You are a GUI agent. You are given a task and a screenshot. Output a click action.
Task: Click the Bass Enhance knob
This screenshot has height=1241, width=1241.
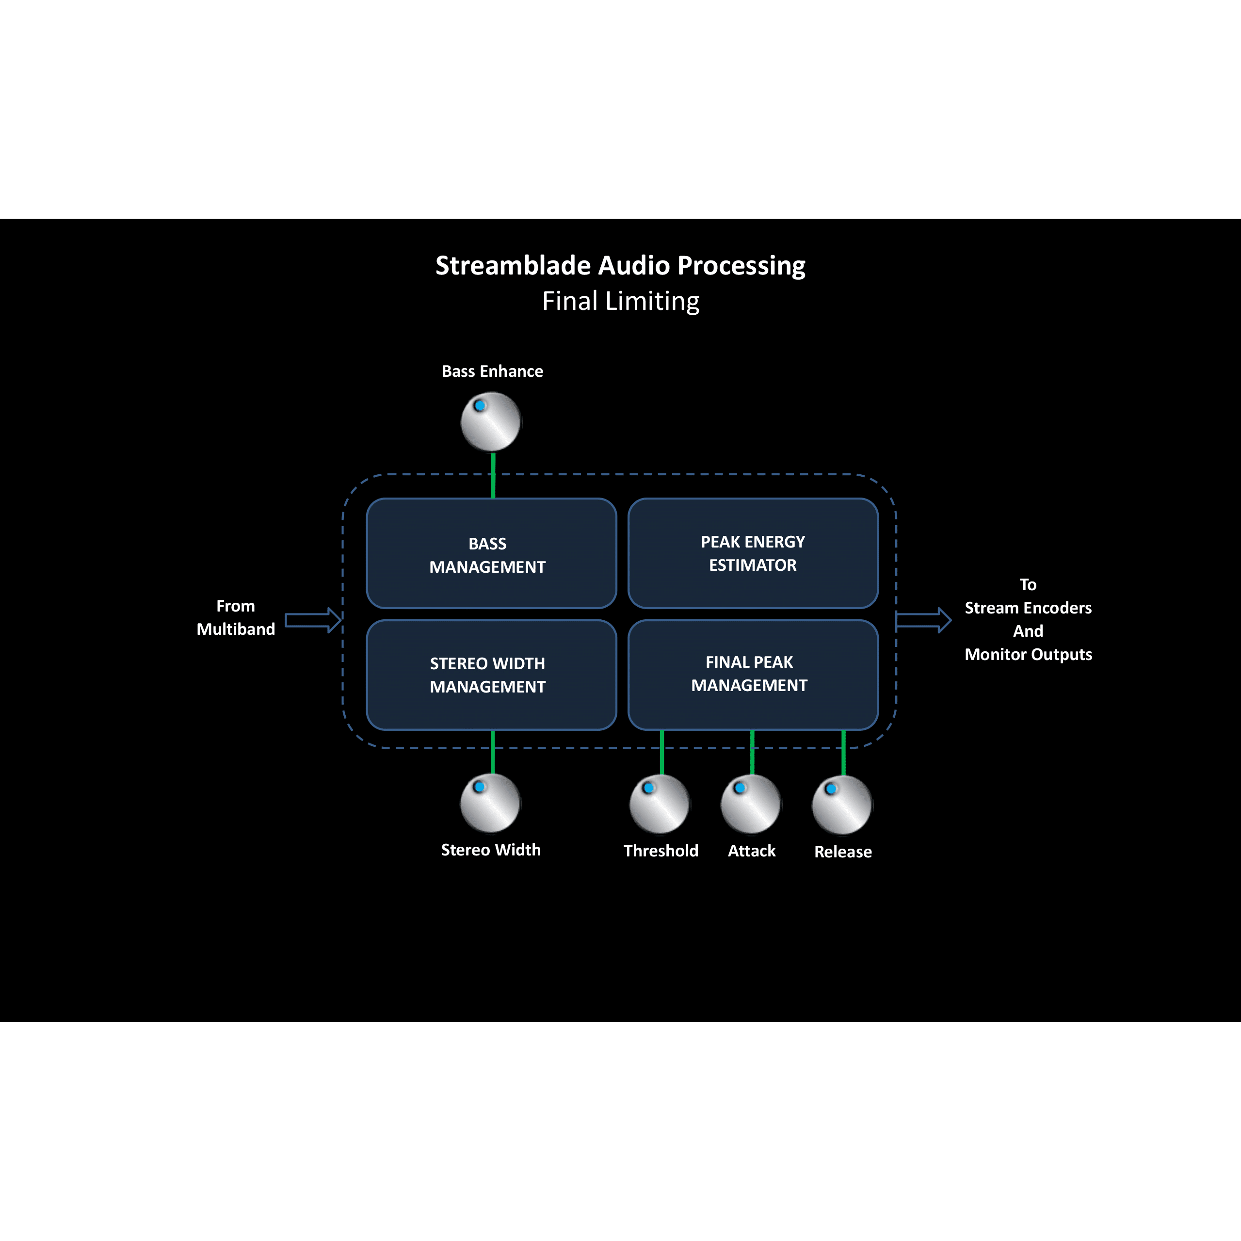click(491, 422)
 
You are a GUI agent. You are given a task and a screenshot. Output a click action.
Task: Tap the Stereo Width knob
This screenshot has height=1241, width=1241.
click(490, 803)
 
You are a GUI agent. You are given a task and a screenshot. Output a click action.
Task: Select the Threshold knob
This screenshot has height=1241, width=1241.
click(660, 804)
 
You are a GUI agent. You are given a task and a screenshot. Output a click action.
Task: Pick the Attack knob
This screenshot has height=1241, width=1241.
click(751, 804)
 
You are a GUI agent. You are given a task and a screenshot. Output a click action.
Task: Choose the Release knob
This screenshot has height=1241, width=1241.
click(842, 805)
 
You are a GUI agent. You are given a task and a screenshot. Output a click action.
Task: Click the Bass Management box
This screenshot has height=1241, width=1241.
click(491, 554)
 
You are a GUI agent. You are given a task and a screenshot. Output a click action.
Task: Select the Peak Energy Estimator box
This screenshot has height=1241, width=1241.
click(753, 554)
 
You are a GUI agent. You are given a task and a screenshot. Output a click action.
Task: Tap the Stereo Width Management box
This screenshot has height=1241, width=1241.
click(491, 675)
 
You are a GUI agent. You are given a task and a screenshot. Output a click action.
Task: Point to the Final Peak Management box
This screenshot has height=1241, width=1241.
click(753, 675)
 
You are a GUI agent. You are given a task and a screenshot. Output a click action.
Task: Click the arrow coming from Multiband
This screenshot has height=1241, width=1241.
click(313, 620)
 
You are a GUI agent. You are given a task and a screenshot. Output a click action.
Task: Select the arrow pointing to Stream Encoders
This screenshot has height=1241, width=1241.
click(923, 620)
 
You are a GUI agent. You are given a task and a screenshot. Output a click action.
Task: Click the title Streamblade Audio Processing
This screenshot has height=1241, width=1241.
click(621, 265)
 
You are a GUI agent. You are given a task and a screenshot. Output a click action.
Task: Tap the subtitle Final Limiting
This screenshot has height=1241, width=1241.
click(621, 301)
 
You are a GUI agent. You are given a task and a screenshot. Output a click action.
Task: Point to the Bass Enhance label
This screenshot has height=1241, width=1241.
click(493, 371)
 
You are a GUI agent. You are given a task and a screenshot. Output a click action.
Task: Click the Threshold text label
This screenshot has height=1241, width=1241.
click(661, 851)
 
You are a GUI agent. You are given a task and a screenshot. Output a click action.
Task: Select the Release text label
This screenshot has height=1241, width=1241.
click(843, 852)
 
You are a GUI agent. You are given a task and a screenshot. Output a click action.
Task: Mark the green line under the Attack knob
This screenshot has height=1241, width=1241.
click(752, 752)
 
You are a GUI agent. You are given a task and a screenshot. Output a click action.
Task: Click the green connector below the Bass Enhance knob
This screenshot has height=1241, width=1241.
click(493, 475)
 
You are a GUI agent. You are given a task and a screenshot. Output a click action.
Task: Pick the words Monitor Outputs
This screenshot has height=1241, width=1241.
click(1028, 655)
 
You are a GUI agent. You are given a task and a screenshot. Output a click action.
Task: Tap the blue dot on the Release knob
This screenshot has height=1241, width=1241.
click(831, 789)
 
